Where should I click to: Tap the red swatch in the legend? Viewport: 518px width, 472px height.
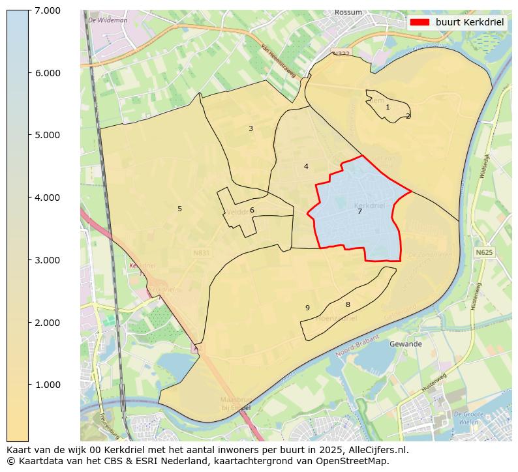[x=420, y=22]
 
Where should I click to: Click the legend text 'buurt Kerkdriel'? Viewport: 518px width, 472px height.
[x=470, y=22]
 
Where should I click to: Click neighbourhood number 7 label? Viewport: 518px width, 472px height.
[x=359, y=211]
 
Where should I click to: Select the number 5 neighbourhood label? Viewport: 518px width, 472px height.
[x=179, y=209]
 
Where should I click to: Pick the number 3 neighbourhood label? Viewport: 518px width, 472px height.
[x=251, y=128]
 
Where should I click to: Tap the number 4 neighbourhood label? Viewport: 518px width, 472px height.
[x=306, y=166]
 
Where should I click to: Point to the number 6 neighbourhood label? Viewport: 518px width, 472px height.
[x=252, y=210]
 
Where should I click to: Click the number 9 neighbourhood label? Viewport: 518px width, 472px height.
[x=307, y=308]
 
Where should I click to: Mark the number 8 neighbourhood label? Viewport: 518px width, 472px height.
[x=348, y=304]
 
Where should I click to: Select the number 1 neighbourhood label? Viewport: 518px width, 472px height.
[x=388, y=107]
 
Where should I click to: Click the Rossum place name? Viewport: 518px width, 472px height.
[x=348, y=12]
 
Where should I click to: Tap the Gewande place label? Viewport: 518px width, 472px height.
[x=405, y=344]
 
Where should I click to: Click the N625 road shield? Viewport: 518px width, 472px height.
[x=483, y=252]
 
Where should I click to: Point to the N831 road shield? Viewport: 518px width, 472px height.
[x=202, y=252]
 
